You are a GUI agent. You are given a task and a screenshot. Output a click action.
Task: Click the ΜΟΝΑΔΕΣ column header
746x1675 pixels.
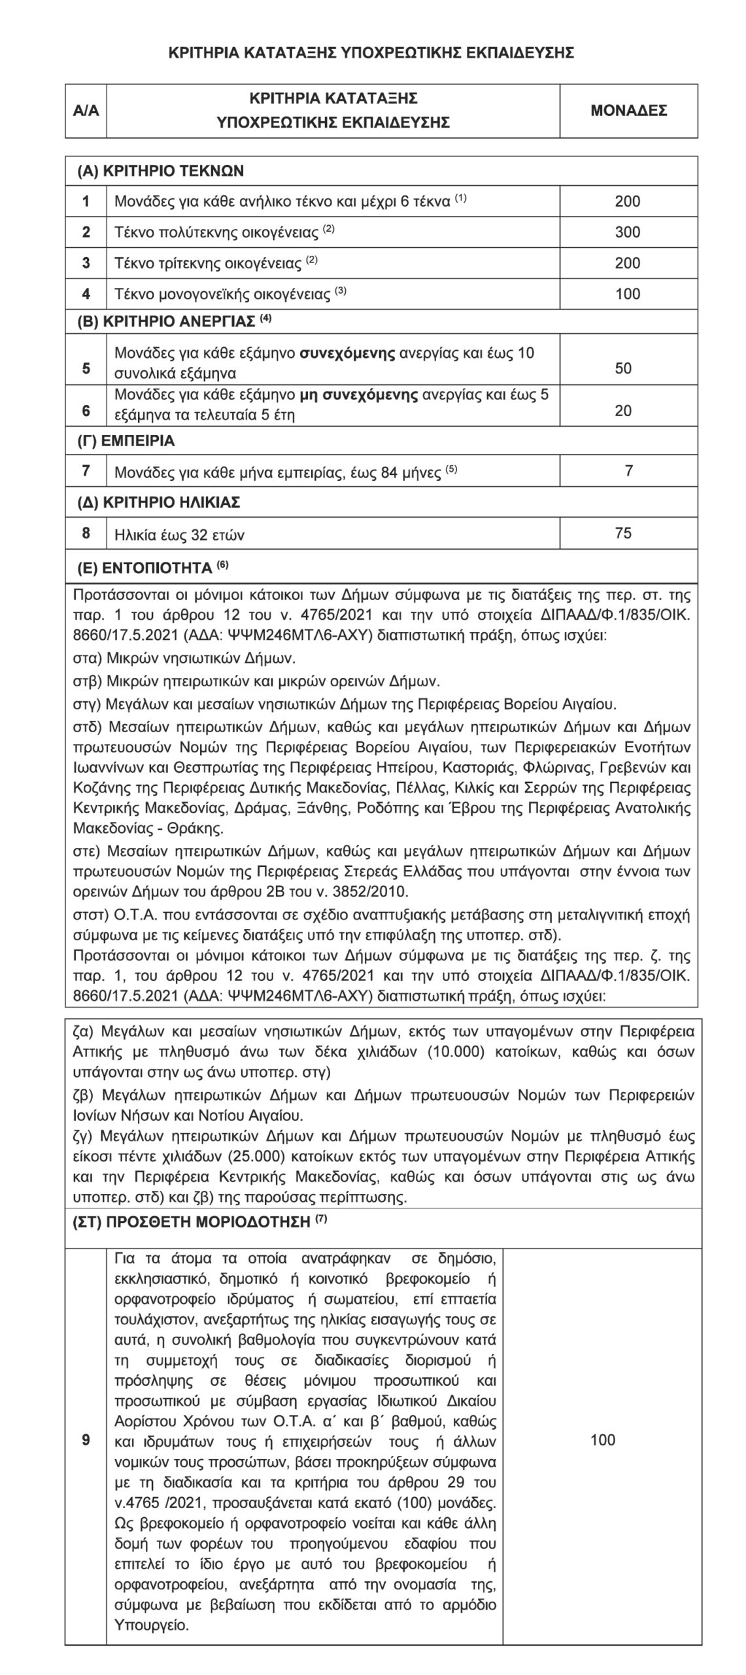pyautogui.click(x=628, y=111)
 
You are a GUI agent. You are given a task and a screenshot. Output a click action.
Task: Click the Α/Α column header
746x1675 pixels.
pyautogui.click(x=86, y=111)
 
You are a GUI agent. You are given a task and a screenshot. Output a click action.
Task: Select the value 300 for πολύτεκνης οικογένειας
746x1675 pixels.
pyautogui.click(x=627, y=232)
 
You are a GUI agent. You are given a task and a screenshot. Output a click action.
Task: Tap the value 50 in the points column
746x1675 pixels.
pyautogui.click(x=623, y=368)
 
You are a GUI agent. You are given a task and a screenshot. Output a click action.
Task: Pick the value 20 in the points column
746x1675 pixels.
pyautogui.click(x=623, y=411)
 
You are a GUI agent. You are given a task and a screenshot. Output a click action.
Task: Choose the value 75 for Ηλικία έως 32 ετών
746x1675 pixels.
pyautogui.click(x=623, y=533)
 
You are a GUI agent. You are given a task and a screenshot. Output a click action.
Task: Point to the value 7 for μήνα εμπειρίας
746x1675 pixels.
pyautogui.click(x=628, y=470)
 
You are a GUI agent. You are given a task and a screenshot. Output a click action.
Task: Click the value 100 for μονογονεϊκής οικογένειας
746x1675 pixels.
pyautogui.click(x=627, y=294)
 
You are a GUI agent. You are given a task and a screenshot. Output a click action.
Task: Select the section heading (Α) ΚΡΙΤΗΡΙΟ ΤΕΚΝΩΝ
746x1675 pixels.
pyautogui.click(x=160, y=171)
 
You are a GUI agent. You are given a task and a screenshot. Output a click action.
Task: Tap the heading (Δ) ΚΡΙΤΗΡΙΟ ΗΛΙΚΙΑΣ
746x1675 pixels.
pyautogui.click(x=159, y=502)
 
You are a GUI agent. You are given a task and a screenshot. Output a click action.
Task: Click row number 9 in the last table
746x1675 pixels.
pyautogui.click(x=86, y=1439)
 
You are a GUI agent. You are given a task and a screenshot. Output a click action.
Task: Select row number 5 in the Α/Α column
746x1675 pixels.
pyautogui.click(x=86, y=368)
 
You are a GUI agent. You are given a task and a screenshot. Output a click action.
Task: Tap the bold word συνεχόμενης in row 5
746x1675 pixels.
pyautogui.click(x=348, y=354)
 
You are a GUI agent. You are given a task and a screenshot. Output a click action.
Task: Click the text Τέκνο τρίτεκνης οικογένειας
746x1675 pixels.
pyautogui.click(x=209, y=264)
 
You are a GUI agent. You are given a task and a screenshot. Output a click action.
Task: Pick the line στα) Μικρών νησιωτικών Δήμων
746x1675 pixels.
pyautogui.click(x=184, y=658)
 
